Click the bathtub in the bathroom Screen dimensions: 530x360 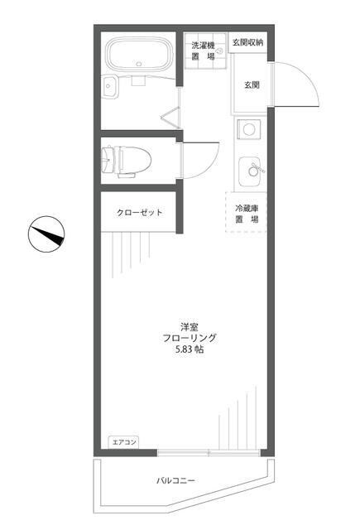point(138,56)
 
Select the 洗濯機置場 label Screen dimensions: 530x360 point(203,51)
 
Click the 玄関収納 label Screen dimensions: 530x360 point(247,42)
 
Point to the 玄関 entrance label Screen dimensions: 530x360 point(252,84)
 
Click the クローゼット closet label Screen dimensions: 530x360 point(139,213)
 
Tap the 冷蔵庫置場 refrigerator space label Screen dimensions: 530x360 point(247,214)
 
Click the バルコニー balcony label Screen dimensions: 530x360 point(175,480)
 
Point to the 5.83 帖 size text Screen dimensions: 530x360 point(190,349)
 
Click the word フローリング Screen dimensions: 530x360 point(190,337)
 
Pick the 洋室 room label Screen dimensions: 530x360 point(190,325)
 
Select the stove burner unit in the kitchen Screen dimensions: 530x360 point(249,129)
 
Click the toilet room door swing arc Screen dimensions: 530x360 point(200,157)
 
